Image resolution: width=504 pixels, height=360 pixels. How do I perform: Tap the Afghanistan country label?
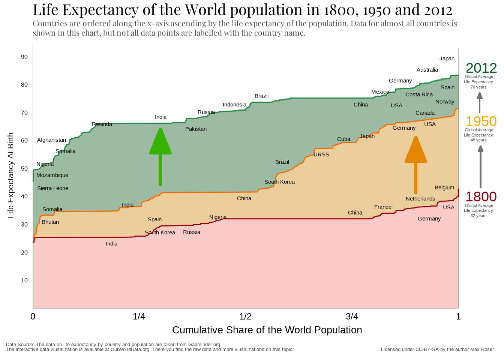pos(51,140)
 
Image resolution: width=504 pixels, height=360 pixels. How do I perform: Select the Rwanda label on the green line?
pos(102,124)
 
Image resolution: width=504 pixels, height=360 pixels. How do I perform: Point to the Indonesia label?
pos(234,105)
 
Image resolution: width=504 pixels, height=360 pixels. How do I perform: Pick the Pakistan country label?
pos(196,129)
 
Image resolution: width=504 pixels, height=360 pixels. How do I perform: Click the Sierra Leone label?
pos(52,188)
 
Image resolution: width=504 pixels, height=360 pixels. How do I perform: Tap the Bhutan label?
pos(50,222)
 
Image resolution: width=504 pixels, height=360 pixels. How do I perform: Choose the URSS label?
pos(321,154)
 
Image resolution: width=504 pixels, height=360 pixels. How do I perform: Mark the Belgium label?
pos(444,187)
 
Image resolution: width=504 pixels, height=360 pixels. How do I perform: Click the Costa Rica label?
pos(419,94)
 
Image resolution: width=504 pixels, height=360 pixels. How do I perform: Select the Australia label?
pos(427,70)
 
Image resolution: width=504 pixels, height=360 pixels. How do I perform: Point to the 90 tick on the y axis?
pos(24,57)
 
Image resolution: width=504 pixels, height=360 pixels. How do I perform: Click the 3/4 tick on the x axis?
pos(352,316)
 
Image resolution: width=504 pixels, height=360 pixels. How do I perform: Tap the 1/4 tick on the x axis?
pos(139,316)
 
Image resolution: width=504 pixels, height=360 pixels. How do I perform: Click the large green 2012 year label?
pos(481,68)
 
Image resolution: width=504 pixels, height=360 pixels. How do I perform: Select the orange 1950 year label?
pos(481,121)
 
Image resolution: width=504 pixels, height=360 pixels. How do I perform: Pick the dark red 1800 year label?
pos(481,196)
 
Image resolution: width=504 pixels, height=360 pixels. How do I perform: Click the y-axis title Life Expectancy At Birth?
pos(10,175)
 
